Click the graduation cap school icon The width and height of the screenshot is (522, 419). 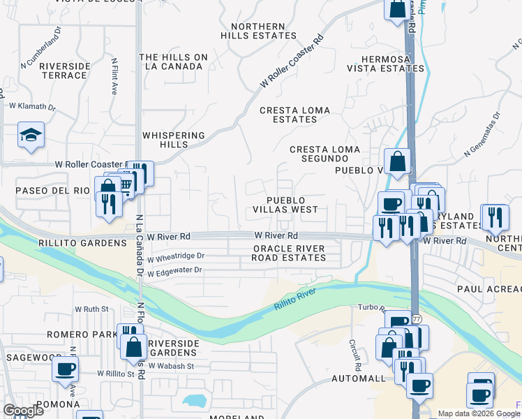31,135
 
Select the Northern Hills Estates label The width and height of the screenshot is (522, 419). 258,31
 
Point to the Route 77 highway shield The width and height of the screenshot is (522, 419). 416,318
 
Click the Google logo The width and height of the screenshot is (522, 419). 23,411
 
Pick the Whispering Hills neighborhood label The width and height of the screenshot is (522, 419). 174,140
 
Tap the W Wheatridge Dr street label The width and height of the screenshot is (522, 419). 176,256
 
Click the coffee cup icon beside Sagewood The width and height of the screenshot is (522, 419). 66,369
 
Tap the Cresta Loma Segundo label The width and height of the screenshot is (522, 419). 325,154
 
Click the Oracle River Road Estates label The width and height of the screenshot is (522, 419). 289,253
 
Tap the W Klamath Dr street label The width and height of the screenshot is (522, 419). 31,106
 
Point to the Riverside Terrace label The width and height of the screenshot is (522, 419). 65,71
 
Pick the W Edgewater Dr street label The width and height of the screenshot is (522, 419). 174,270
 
